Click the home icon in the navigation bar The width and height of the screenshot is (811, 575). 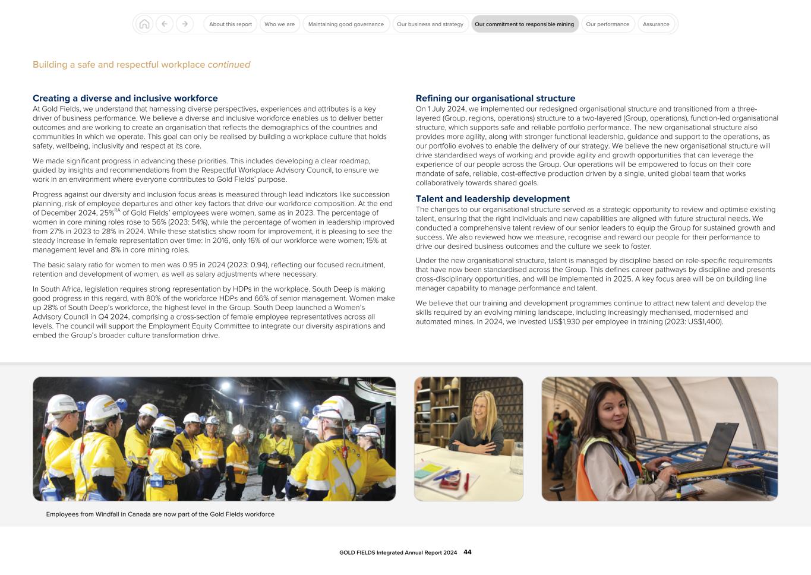pyautogui.click(x=144, y=24)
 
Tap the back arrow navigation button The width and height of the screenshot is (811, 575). pyautogui.click(x=165, y=24)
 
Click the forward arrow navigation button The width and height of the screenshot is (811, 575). pyautogui.click(x=185, y=24)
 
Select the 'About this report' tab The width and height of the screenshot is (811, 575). pyautogui.click(x=231, y=24)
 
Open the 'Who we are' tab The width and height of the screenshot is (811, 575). pyautogui.click(x=279, y=24)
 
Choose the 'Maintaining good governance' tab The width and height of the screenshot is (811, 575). pyautogui.click(x=346, y=24)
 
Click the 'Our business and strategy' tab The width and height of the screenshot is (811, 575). pyautogui.click(x=430, y=24)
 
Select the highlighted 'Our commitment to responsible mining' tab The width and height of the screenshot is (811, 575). pyautogui.click(x=524, y=24)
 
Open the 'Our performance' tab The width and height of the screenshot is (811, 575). pyautogui.click(x=607, y=24)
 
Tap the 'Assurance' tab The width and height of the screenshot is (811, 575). pyautogui.click(x=656, y=24)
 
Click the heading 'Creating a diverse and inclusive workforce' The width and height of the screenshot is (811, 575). pyautogui.click(x=125, y=99)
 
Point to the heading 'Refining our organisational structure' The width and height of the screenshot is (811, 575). pyautogui.click(x=496, y=99)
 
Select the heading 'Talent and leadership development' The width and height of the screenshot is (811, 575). pyautogui.click(x=493, y=199)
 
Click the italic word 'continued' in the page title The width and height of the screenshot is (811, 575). pyautogui.click(x=229, y=65)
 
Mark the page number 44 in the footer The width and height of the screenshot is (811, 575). pyautogui.click(x=468, y=552)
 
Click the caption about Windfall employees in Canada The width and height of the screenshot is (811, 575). pyautogui.click(x=160, y=514)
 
